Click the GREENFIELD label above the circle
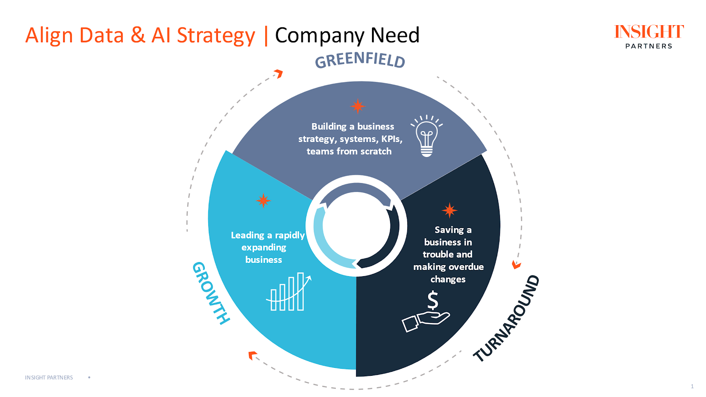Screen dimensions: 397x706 [360, 60]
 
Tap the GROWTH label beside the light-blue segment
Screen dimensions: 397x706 [211, 293]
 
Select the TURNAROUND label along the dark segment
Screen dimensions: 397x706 [507, 318]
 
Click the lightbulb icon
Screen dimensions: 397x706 [426, 136]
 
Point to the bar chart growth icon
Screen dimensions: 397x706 [288, 292]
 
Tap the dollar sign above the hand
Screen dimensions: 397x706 [433, 300]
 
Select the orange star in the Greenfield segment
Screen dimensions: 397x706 [357, 106]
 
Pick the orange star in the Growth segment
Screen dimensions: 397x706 [263, 200]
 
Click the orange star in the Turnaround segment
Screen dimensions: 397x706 [449, 210]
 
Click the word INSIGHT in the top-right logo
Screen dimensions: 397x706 [649, 32]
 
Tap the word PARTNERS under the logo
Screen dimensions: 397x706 [649, 46]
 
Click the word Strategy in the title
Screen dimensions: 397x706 [216, 36]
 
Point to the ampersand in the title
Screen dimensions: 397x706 [138, 35]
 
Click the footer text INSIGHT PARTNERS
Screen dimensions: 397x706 [49, 378]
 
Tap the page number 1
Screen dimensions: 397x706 [692, 386]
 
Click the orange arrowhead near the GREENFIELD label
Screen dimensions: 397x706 [278, 73]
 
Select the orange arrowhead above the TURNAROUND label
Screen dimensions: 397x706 [516, 265]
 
